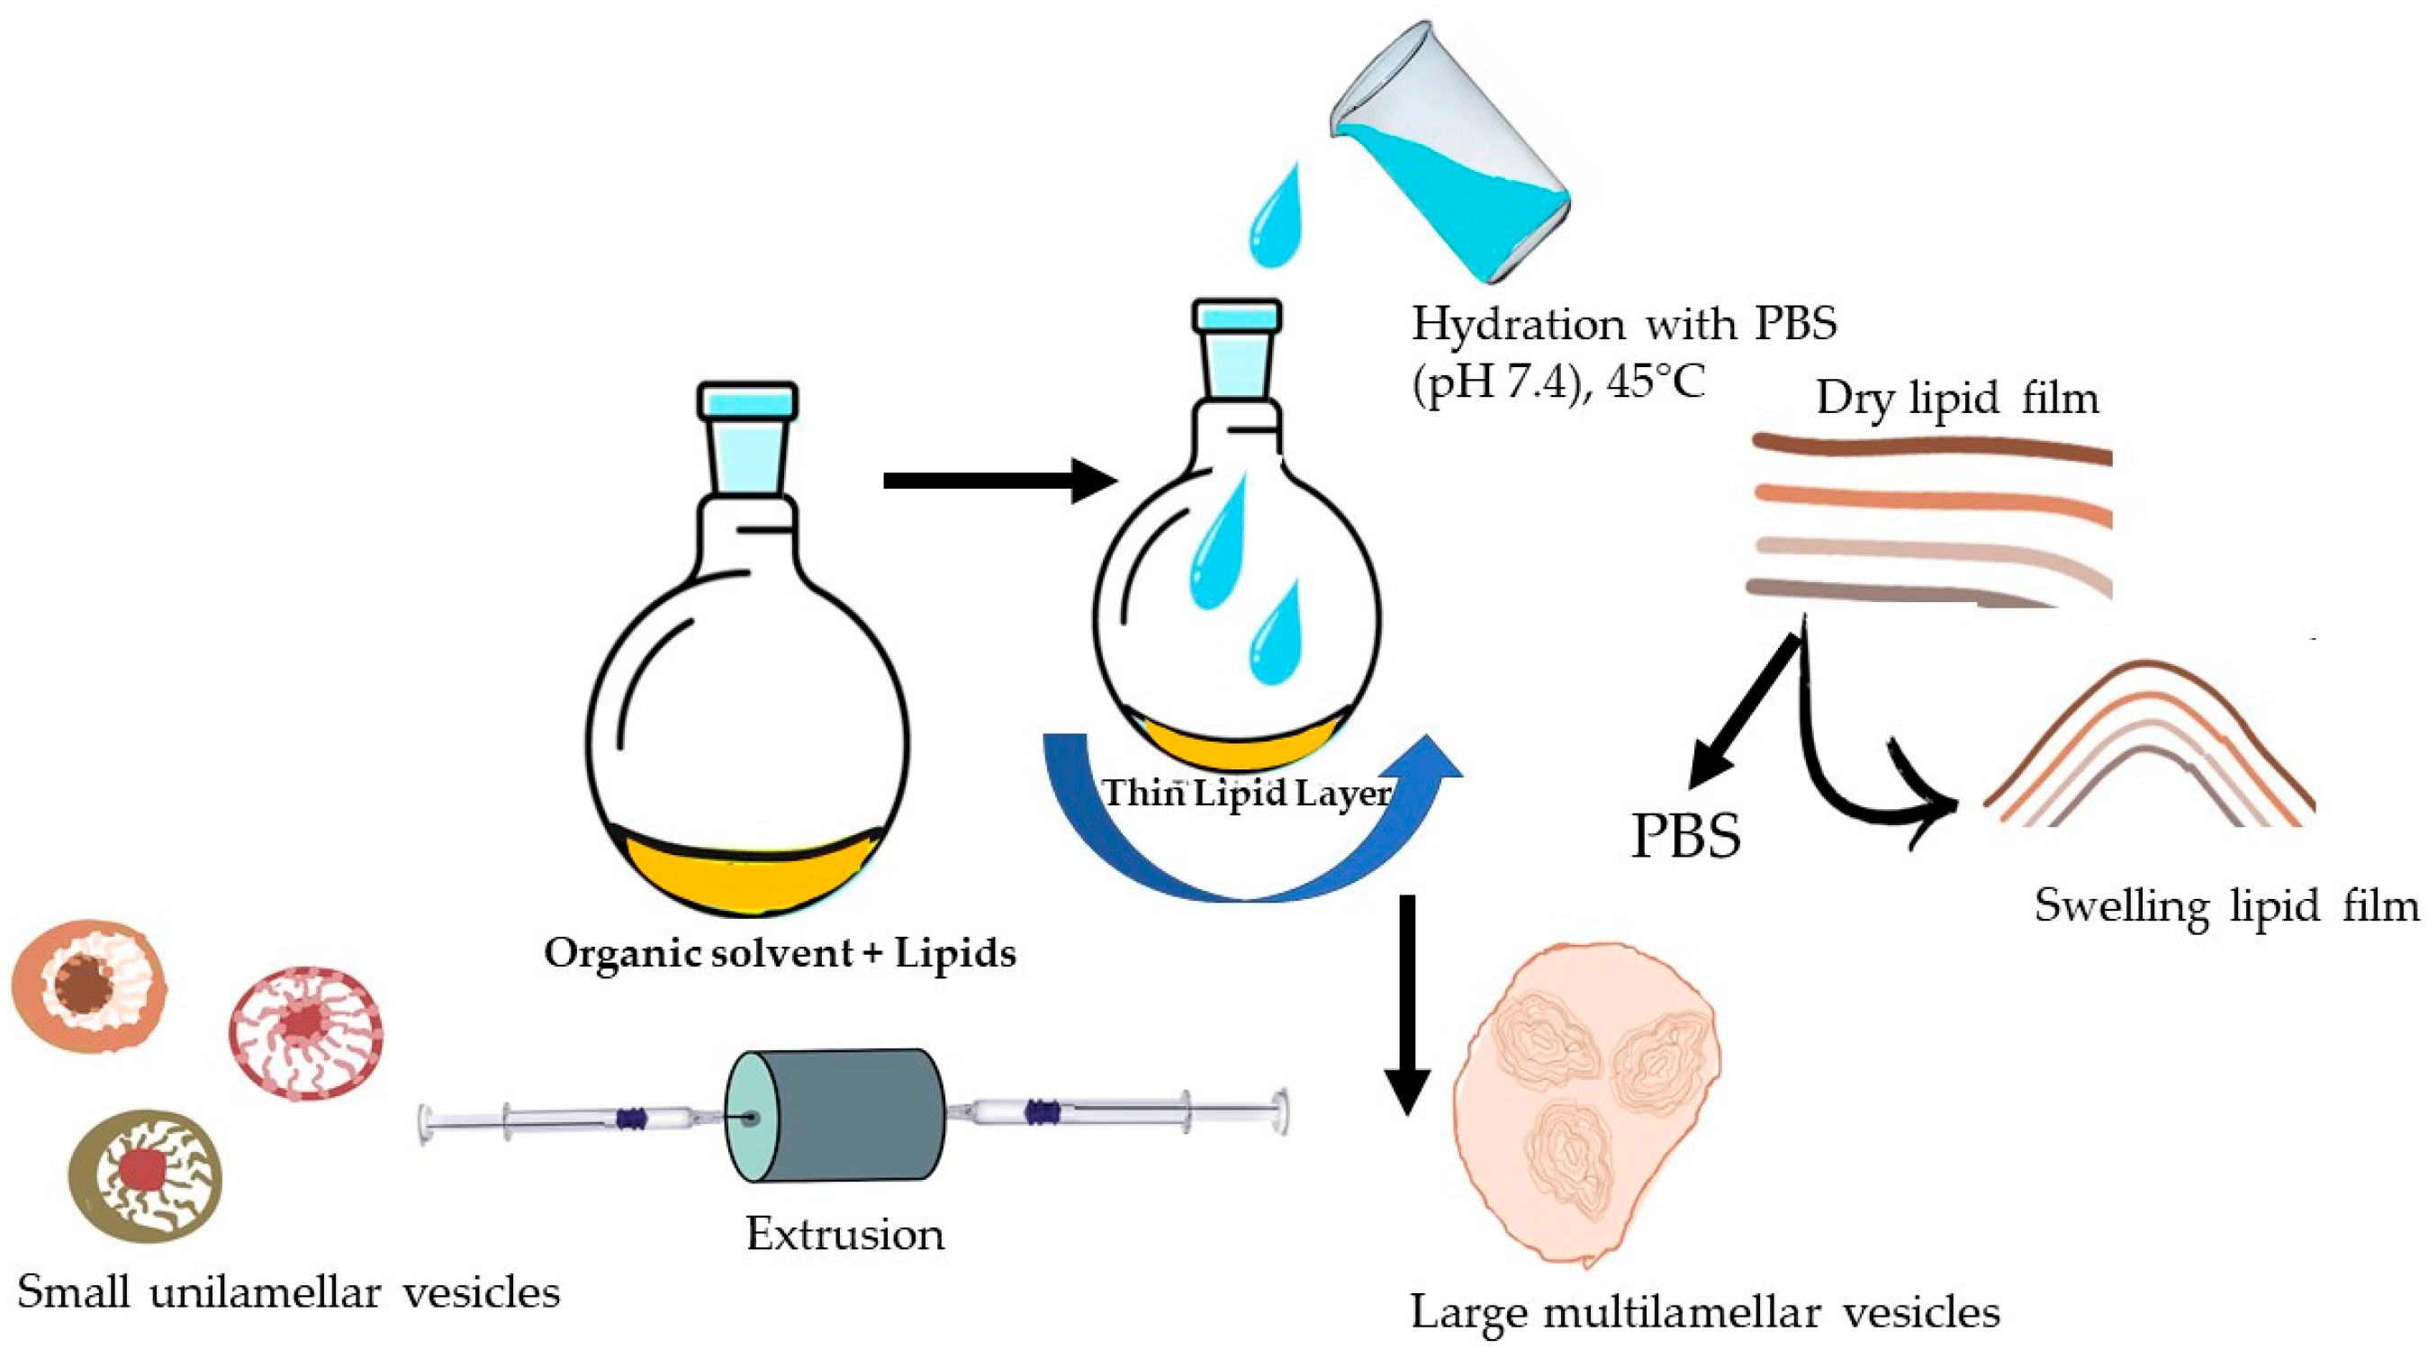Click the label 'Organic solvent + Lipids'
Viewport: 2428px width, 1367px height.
[781, 953]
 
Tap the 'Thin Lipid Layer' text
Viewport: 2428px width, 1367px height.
[1246, 793]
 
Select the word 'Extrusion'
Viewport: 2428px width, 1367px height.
[844, 1234]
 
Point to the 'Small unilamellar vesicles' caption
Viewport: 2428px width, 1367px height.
[288, 1291]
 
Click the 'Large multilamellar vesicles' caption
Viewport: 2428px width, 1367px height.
[1705, 1312]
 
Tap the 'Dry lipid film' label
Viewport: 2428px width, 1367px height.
[1958, 398]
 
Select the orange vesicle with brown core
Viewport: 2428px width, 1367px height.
[88, 987]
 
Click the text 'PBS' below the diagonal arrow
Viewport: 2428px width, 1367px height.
[1686, 835]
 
